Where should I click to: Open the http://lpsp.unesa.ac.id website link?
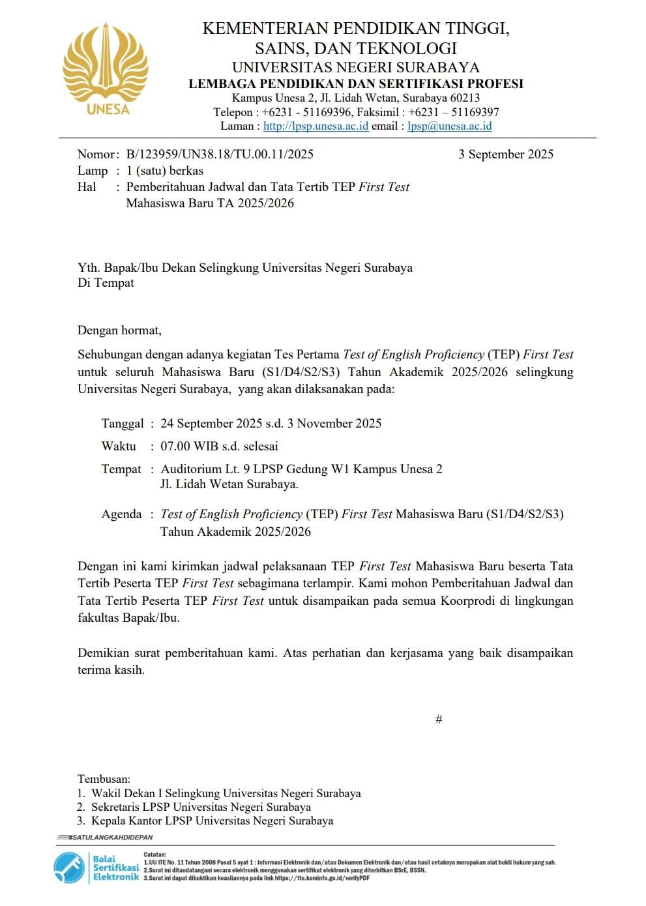pyautogui.click(x=316, y=126)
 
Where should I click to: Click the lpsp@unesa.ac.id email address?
pyautogui.click(x=449, y=126)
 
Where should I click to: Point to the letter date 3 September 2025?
pyautogui.click(x=505, y=154)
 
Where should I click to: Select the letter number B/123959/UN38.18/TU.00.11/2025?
pyautogui.click(x=220, y=154)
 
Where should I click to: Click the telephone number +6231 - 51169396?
pyautogui.click(x=307, y=112)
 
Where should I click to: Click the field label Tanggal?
pyautogui.click(x=123, y=424)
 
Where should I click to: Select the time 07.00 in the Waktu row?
pyautogui.click(x=176, y=446)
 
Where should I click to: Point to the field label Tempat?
pyautogui.click(x=121, y=469)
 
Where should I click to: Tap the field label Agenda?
pyautogui.click(x=121, y=514)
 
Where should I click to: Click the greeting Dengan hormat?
pyautogui.click(x=119, y=330)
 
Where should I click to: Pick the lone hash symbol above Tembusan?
pyautogui.click(x=439, y=720)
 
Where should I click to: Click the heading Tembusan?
pyautogui.click(x=104, y=779)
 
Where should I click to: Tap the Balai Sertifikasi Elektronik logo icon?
pyautogui.click(x=69, y=868)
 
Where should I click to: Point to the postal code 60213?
pyautogui.click(x=465, y=98)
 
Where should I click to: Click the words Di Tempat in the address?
pyautogui.click(x=106, y=283)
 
